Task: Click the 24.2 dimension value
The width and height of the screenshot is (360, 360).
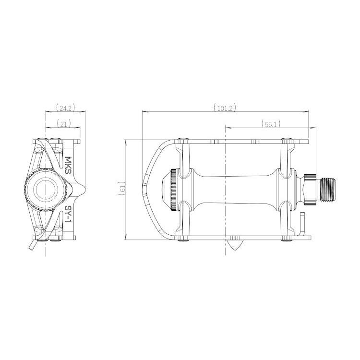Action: point(65,108)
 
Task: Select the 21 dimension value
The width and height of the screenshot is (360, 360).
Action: point(63,124)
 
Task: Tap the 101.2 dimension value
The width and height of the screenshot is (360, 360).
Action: point(225,108)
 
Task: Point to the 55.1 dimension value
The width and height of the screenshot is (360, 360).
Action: point(271,124)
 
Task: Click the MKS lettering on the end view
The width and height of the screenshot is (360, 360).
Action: point(68,165)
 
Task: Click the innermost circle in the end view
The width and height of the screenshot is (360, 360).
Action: point(46,190)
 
